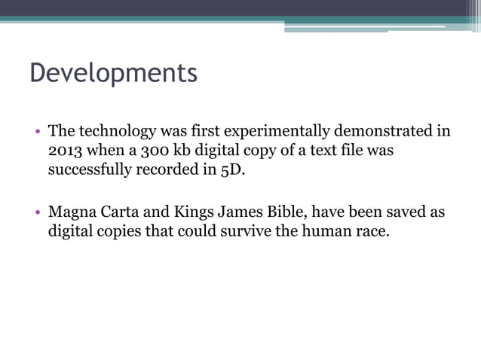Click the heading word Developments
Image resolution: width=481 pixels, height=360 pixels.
pyautogui.click(x=113, y=73)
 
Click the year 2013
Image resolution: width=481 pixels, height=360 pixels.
pyautogui.click(x=64, y=150)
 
